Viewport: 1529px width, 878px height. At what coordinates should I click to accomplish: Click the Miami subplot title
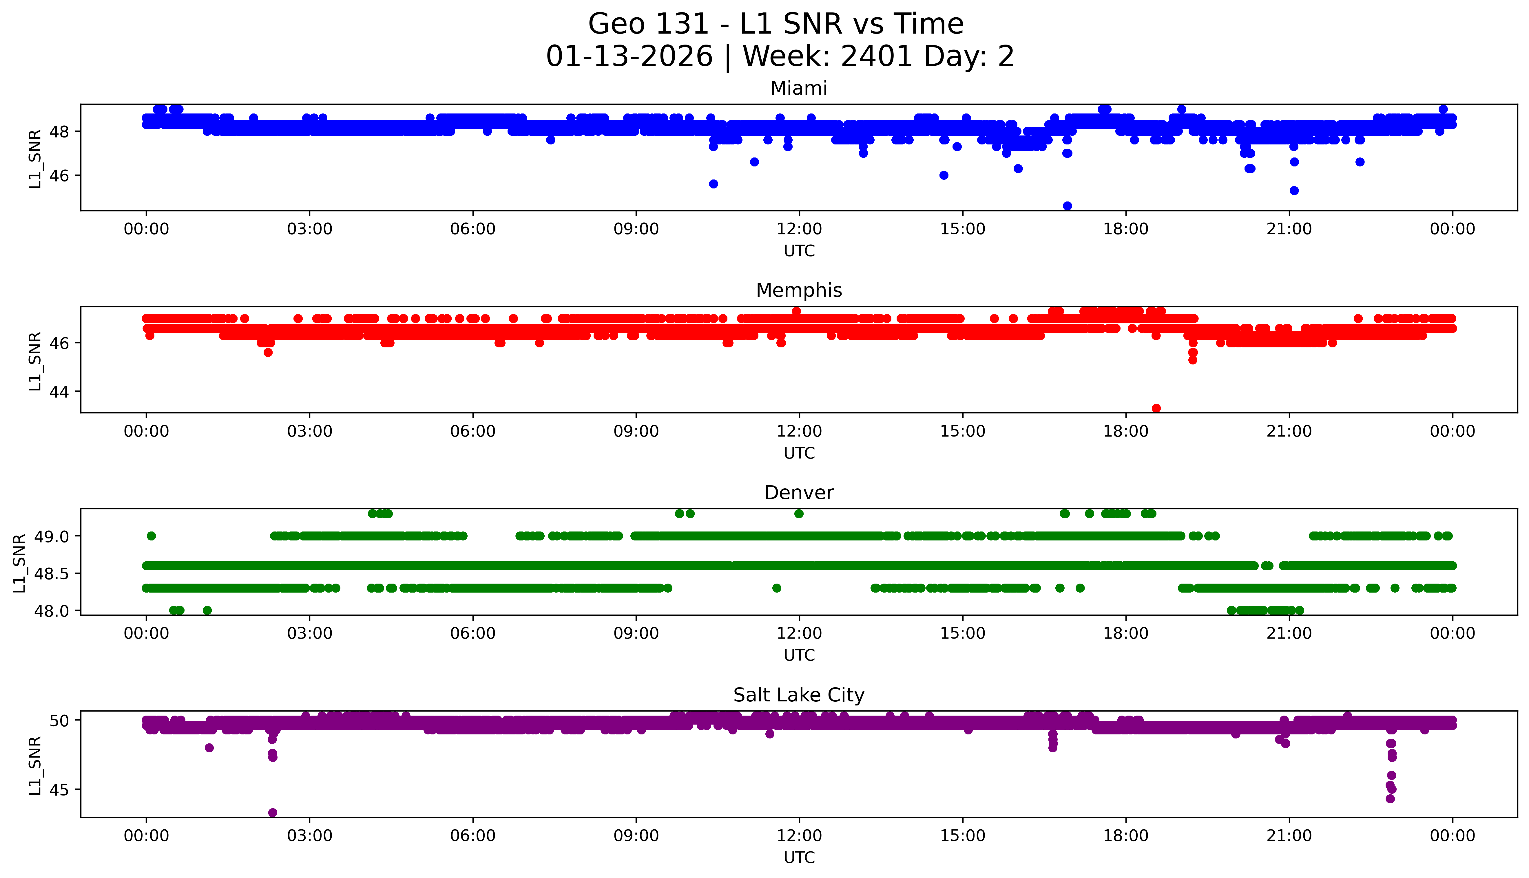click(798, 89)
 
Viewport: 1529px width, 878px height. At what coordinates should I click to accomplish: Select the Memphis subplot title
click(798, 291)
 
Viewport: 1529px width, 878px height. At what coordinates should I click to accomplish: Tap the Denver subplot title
click(798, 493)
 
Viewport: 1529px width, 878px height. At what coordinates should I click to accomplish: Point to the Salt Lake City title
click(798, 695)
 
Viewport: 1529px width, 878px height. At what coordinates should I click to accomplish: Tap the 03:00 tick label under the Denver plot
click(310, 633)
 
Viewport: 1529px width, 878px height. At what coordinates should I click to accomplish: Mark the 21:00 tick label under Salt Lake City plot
click(1289, 836)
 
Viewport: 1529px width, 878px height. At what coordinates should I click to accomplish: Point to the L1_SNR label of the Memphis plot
click(35, 361)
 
